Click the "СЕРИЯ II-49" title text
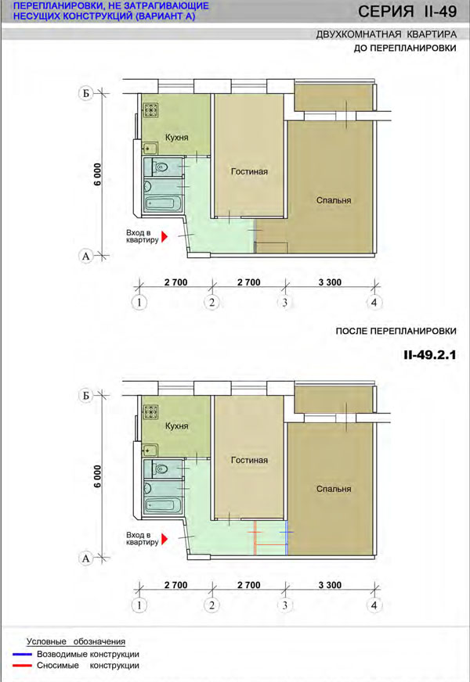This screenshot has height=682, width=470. tap(407, 11)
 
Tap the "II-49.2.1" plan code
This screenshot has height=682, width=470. tap(429, 355)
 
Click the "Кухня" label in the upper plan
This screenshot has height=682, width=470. tap(176, 138)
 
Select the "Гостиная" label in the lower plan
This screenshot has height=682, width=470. tap(249, 460)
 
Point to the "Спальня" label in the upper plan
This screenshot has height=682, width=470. tap(334, 200)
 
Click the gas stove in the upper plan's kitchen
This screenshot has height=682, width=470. tap(150, 109)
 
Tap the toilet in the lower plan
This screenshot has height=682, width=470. tap(160, 468)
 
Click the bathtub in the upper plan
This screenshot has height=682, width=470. tap(162, 203)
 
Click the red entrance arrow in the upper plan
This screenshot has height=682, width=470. tap(164, 236)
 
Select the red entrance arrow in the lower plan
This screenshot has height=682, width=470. tap(164, 539)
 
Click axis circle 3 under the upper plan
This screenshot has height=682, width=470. tap(285, 303)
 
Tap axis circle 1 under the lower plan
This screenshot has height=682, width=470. tap(139, 605)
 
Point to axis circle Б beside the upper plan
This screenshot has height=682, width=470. tap(86, 93)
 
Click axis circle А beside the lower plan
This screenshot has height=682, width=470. tap(86, 558)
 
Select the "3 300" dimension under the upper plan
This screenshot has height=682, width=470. tap(330, 282)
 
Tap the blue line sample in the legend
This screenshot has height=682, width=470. tap(22, 654)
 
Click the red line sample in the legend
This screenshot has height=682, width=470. tap(22, 666)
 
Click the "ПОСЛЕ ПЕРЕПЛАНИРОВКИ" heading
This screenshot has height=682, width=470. tap(396, 331)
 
